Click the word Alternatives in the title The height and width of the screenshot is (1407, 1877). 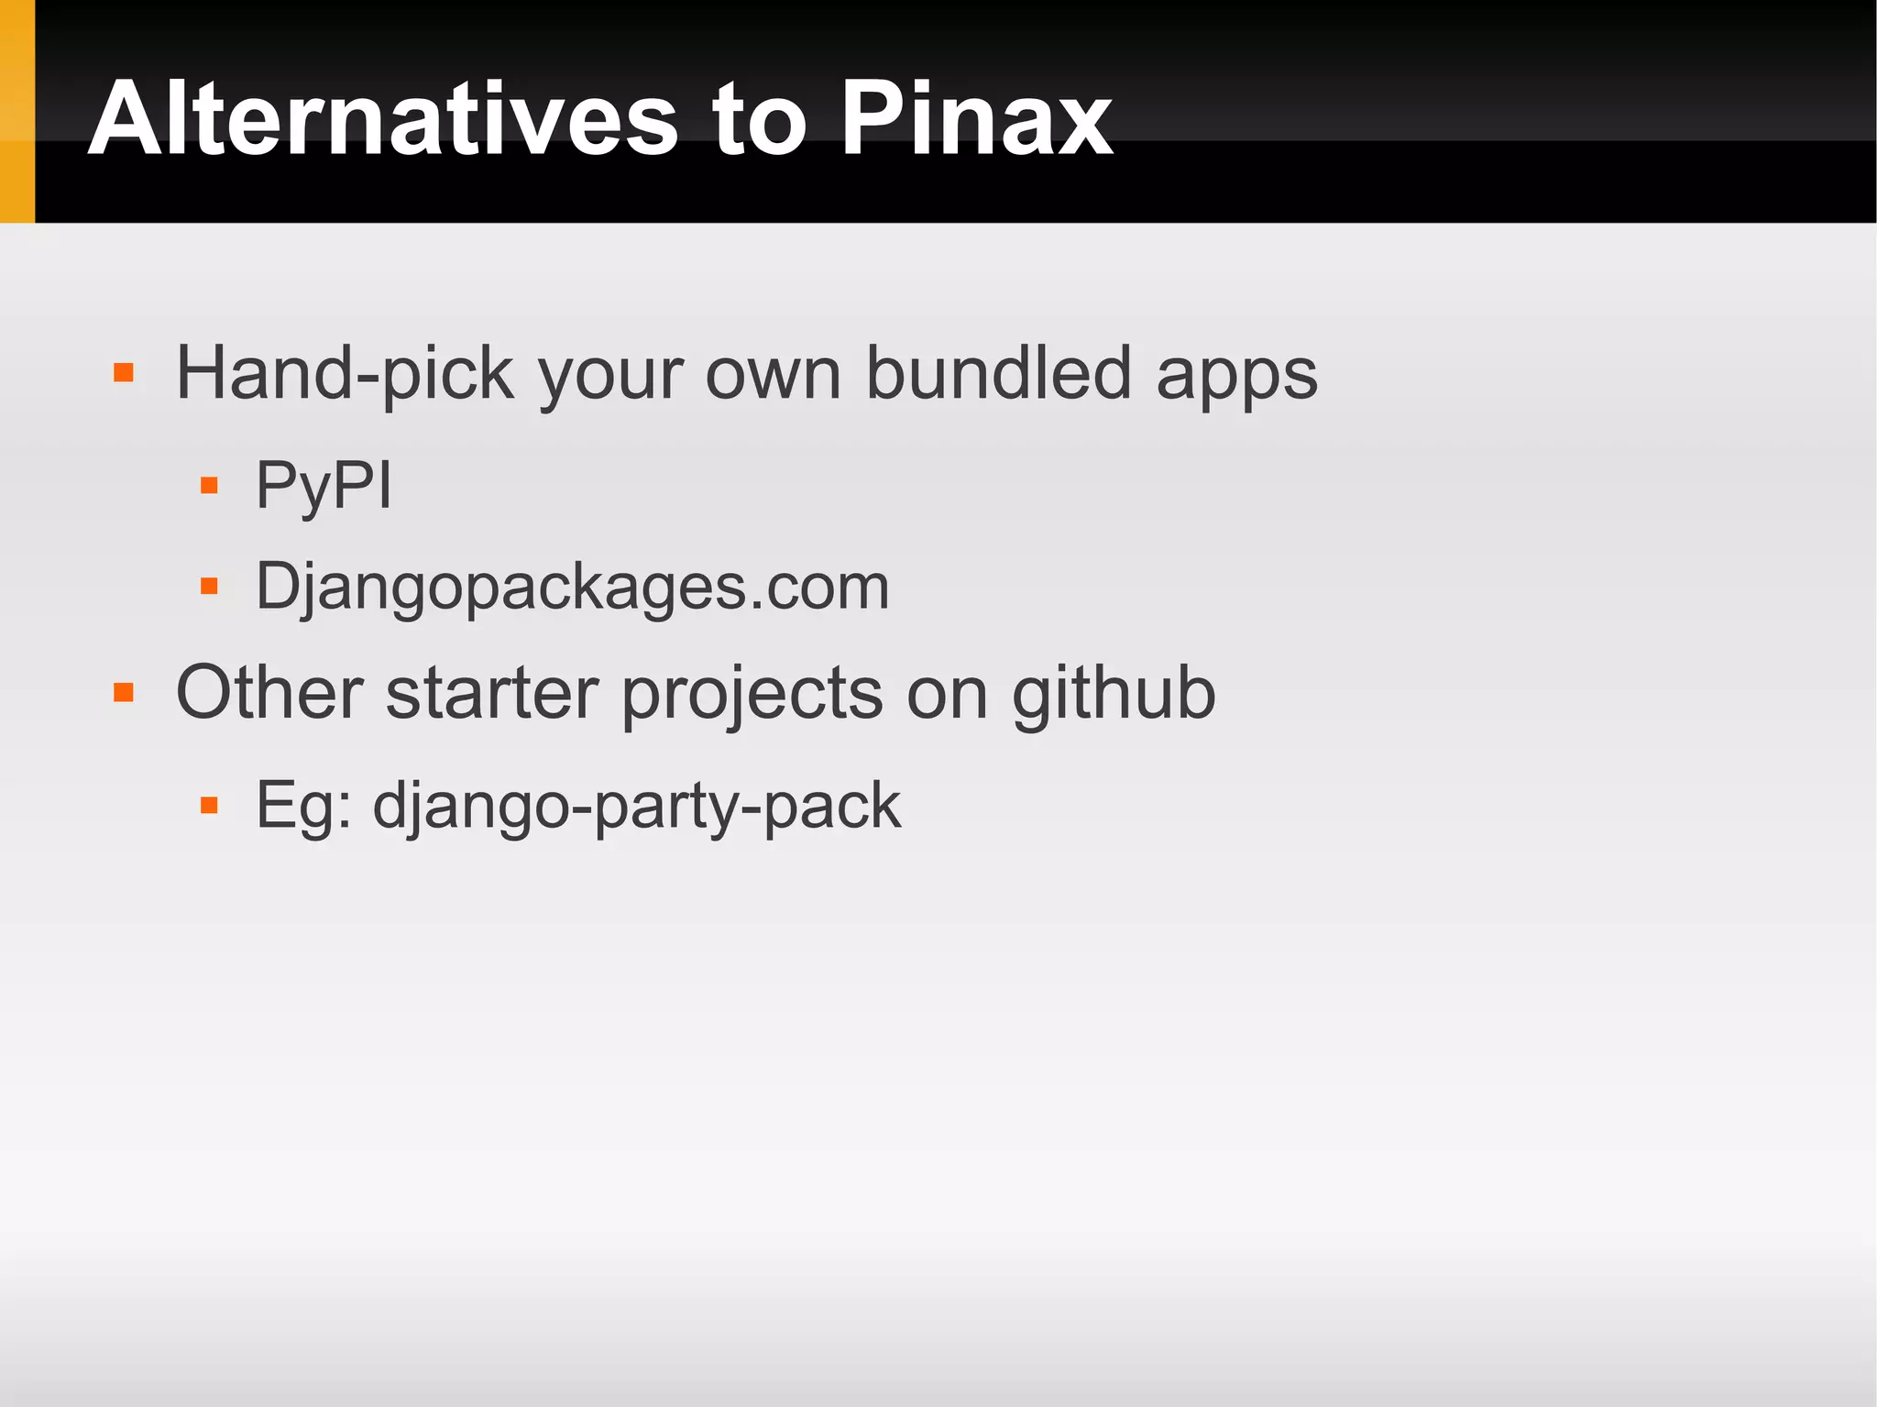point(383,119)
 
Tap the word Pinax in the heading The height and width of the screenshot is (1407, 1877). point(976,119)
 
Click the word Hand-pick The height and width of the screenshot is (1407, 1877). point(345,374)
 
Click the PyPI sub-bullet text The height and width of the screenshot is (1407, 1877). point(324,486)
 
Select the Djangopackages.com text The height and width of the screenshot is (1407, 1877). point(573,587)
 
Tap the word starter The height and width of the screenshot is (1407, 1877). point(492,693)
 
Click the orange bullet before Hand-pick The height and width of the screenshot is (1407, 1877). point(124,373)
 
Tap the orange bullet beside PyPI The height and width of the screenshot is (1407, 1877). point(209,485)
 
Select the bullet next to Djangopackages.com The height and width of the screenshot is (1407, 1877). point(209,586)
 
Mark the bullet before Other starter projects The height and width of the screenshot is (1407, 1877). point(124,692)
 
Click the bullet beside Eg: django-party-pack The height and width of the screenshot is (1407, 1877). point(209,806)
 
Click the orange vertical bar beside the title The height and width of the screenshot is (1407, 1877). point(16,111)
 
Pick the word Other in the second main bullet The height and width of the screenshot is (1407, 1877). point(269,693)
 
